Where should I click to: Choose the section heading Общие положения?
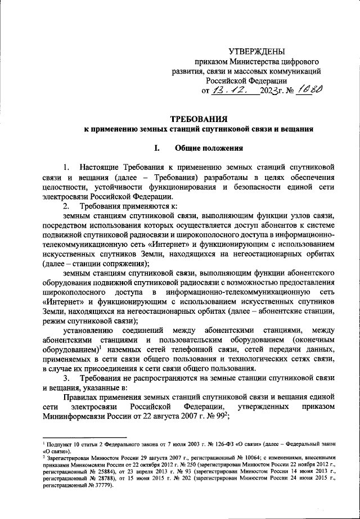click(209, 148)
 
